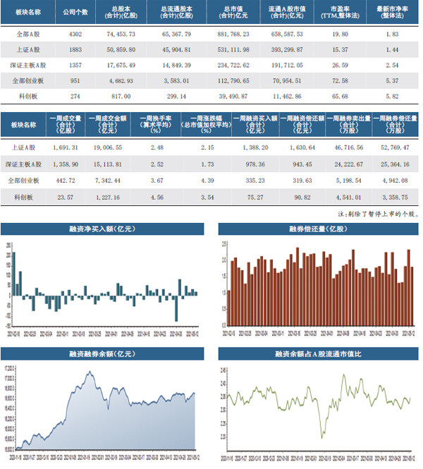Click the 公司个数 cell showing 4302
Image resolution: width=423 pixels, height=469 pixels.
pyautogui.click(x=80, y=34)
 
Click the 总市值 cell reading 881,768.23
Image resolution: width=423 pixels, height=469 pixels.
pyautogui.click(x=234, y=34)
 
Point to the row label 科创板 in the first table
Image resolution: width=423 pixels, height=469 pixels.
pyautogui.click(x=29, y=95)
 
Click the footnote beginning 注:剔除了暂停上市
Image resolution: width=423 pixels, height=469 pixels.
pyautogui.click(x=373, y=214)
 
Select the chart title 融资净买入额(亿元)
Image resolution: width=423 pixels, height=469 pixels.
pyautogui.click(x=102, y=229)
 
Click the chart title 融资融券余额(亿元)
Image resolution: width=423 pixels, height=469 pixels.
pyautogui.click(x=102, y=354)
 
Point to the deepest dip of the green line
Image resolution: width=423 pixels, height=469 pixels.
pyautogui.click(x=324, y=437)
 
